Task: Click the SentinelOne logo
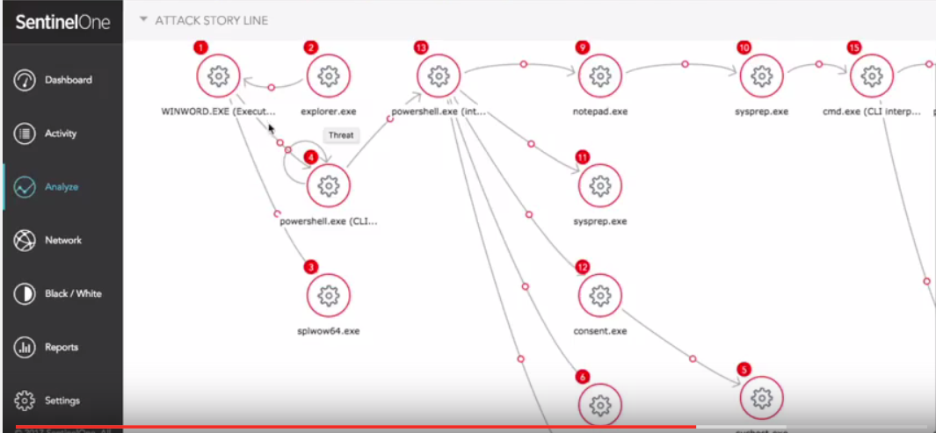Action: [x=62, y=23]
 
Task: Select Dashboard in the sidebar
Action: [x=68, y=80]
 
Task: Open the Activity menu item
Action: [x=61, y=134]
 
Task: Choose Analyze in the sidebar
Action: [x=61, y=187]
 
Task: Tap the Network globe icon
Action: [x=25, y=241]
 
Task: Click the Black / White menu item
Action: [x=73, y=293]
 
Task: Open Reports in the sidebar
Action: [x=62, y=347]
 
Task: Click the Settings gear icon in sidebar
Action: [x=25, y=401]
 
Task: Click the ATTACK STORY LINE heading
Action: [x=212, y=20]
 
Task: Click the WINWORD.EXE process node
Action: [x=218, y=76]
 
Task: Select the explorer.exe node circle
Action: [x=328, y=76]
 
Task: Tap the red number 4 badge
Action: [x=310, y=156]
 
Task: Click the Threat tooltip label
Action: [x=341, y=135]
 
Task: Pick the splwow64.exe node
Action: [x=328, y=296]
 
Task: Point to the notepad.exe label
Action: [x=600, y=112]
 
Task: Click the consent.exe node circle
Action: [x=600, y=296]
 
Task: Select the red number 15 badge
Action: [x=853, y=47]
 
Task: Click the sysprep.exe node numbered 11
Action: [x=600, y=186]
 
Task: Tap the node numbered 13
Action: [x=439, y=76]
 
